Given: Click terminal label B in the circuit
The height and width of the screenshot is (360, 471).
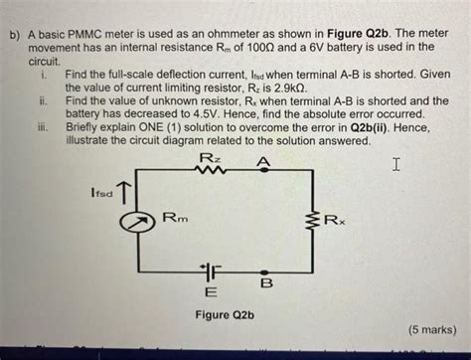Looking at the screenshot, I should [x=265, y=284].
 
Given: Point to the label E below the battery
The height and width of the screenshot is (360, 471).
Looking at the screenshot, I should [x=210, y=293].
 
